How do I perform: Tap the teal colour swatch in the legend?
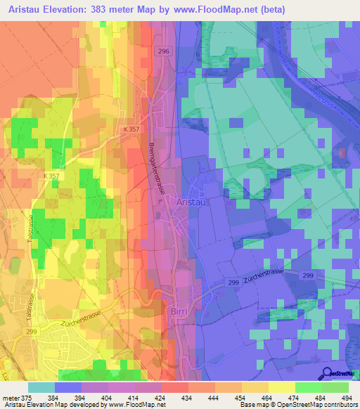tap(41, 387)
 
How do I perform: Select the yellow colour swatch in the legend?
tap(281, 387)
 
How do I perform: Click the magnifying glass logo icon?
tap(326, 373)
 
